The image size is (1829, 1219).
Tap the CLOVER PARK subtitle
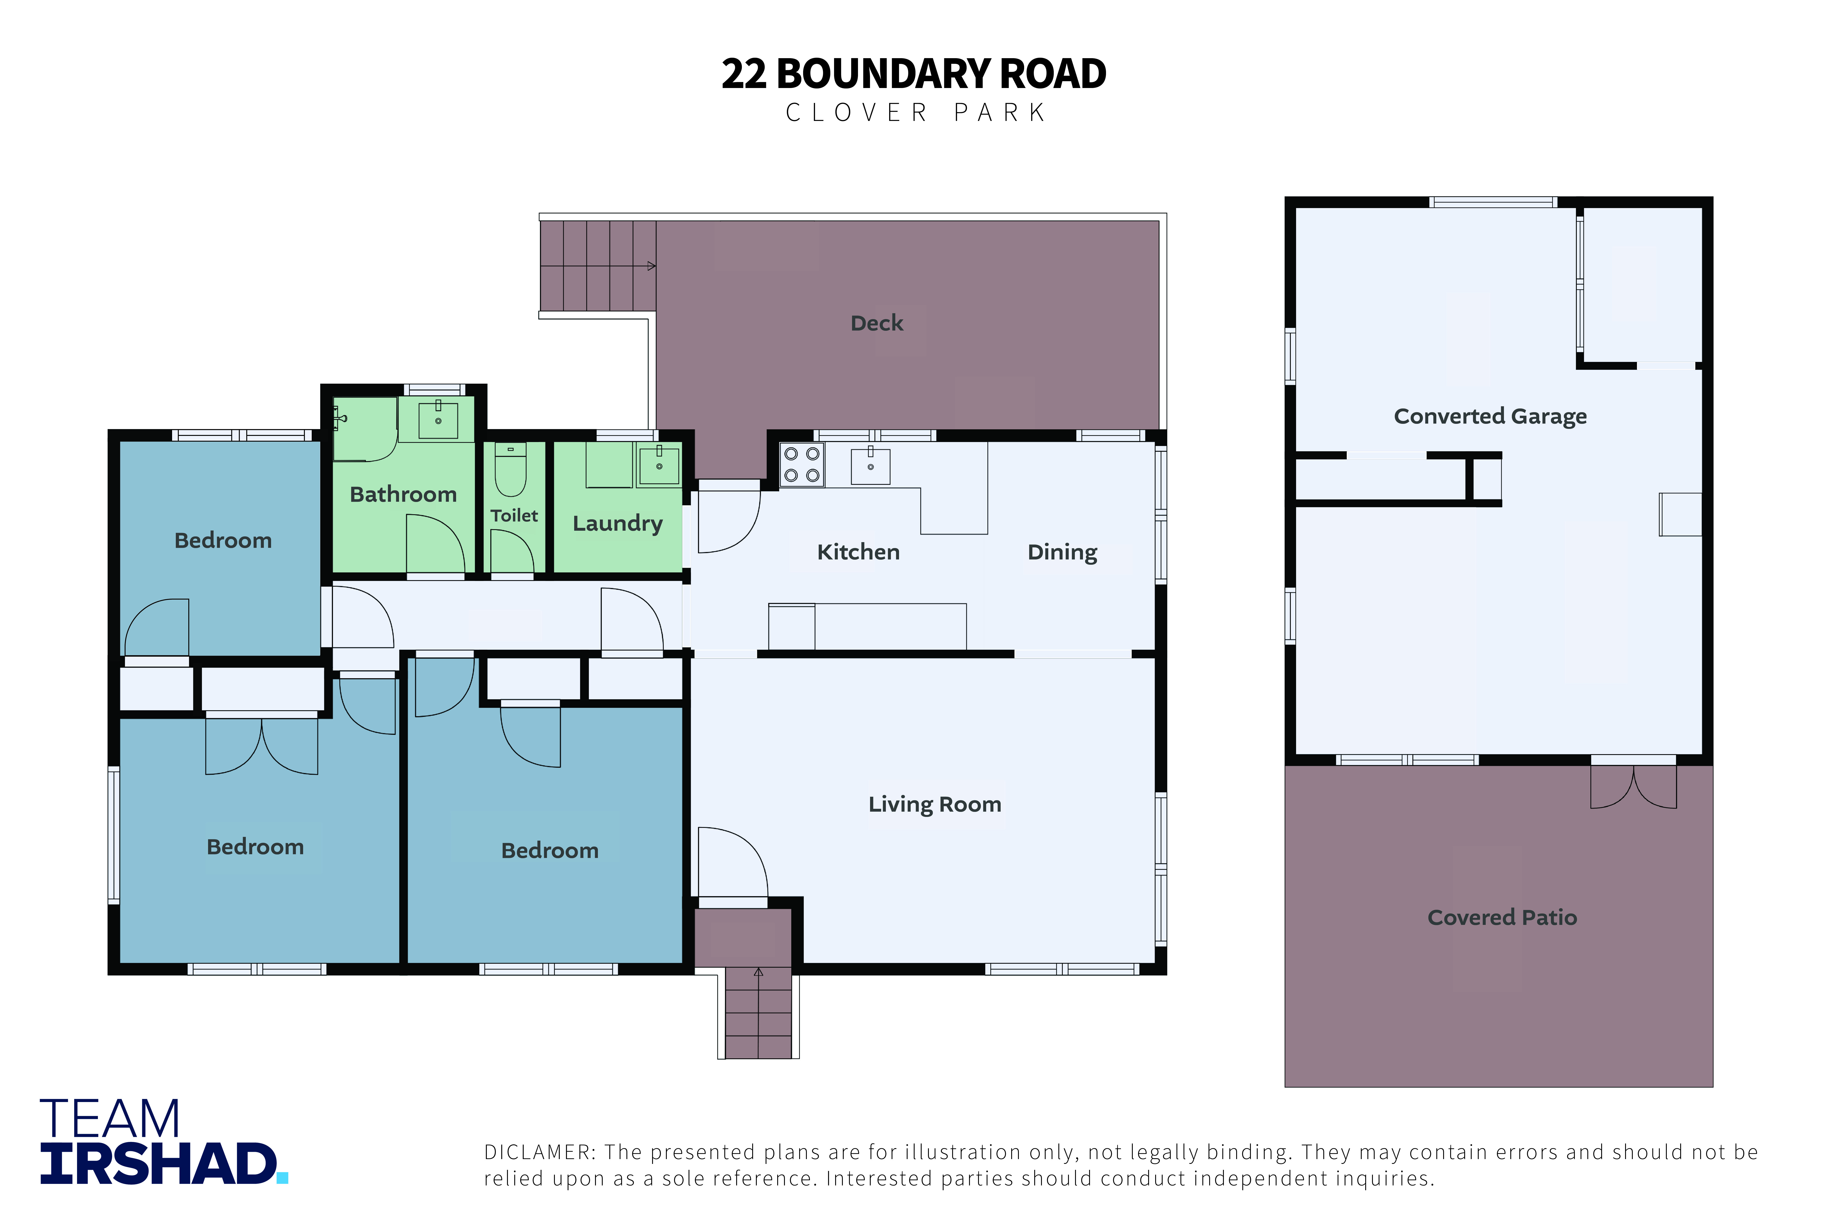click(916, 113)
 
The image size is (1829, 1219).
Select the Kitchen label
click(858, 552)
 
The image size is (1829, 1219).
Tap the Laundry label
click(618, 523)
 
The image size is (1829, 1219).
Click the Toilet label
click(514, 515)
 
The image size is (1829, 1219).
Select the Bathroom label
click(403, 494)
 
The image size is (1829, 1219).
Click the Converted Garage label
click(1490, 417)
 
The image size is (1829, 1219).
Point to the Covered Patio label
click(1502, 917)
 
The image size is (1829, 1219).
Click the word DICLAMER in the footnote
click(540, 1152)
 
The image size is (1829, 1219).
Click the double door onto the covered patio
click(1633, 785)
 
